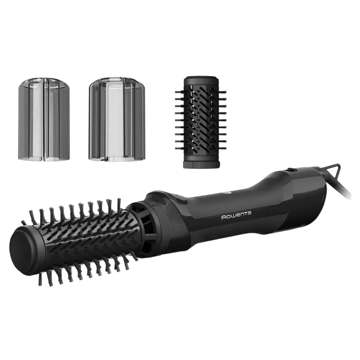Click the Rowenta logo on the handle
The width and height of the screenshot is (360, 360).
pos(236,216)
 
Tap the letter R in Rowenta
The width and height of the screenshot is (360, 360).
pos(223,217)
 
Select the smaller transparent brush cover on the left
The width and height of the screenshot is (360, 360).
pos(44,119)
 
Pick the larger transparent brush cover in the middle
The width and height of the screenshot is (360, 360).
pos(117,119)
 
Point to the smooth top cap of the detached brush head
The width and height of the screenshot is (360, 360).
pos(200,81)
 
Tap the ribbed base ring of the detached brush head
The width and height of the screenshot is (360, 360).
pos(201,164)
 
